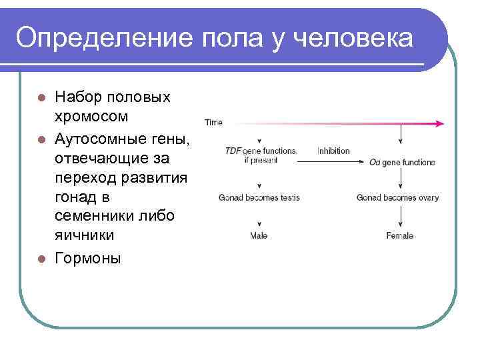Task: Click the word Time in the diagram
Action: [x=213, y=123]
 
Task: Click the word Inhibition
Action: [x=333, y=151]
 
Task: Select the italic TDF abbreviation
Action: [x=233, y=151]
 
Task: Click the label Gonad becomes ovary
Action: [x=397, y=197]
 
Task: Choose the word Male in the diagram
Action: [x=259, y=235]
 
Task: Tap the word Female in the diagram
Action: [x=399, y=235]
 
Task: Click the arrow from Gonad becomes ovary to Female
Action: [x=400, y=216]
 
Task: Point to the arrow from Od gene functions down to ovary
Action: [x=400, y=179]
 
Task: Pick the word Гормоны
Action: [x=88, y=259]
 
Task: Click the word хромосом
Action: [x=91, y=117]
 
